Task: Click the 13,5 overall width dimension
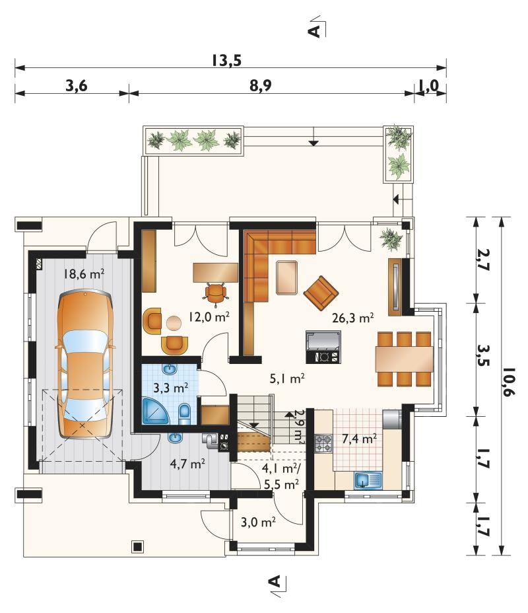coord(227,61)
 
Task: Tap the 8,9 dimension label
coord(261,86)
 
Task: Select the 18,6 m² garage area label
coord(84,273)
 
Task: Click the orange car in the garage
coord(84,363)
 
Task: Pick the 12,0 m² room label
coord(209,316)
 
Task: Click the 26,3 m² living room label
coord(353,318)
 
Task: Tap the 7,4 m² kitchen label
coord(359,439)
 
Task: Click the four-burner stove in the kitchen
coord(323,444)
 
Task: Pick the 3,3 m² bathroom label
coord(171,388)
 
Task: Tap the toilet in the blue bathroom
coord(185,414)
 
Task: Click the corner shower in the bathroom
coord(156,412)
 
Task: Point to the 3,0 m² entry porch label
coord(259,522)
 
